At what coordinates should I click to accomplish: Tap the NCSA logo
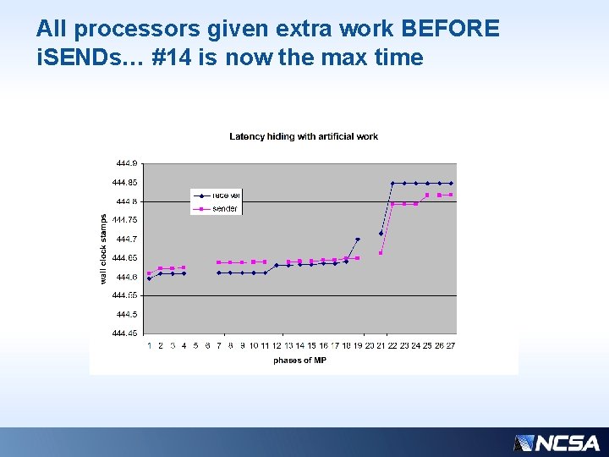pos(557,443)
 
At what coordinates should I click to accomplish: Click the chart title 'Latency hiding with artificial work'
pos(304,136)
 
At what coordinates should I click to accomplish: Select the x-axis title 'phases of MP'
pos(299,361)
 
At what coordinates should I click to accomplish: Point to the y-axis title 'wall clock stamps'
pos(103,247)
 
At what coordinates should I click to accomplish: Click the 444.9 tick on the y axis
pos(127,163)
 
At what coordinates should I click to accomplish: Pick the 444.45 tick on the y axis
pos(125,333)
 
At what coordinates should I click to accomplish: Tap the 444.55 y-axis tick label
pos(125,295)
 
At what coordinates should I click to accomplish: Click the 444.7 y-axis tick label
pos(127,239)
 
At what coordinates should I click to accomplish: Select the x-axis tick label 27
pos(451,345)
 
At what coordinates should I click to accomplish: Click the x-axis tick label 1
pos(149,345)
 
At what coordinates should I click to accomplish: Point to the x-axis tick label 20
pos(370,345)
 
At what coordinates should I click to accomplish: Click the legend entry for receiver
pos(225,195)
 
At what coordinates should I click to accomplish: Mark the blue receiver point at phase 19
pos(358,240)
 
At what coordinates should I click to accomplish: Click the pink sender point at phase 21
pos(381,253)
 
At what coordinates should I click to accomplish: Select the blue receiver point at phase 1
pos(149,278)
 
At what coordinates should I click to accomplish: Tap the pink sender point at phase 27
pos(451,195)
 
